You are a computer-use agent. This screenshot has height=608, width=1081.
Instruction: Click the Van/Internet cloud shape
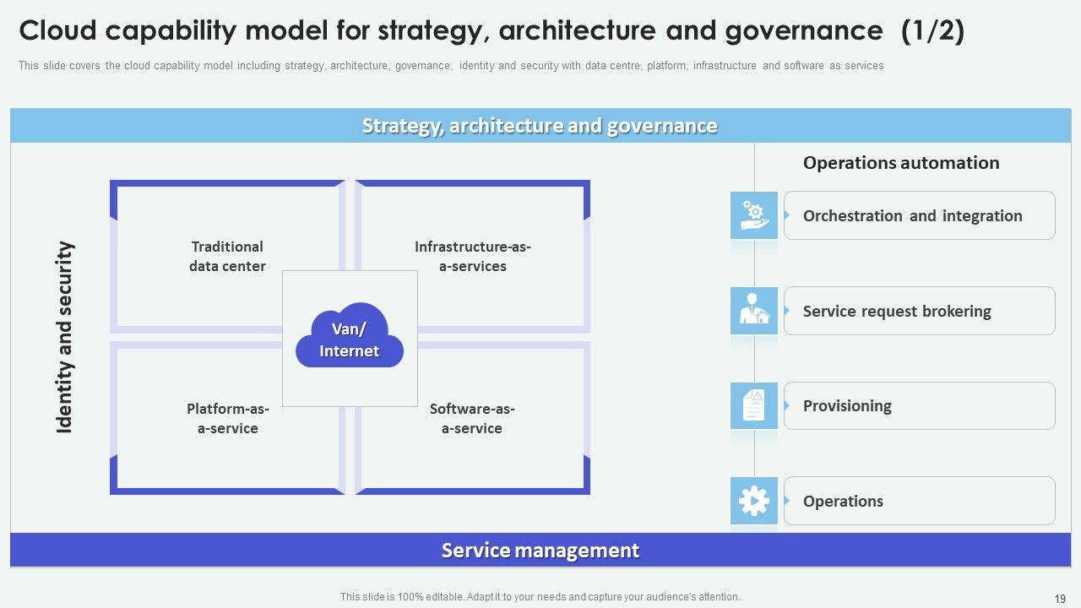pos(350,335)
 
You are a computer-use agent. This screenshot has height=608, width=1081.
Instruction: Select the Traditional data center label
pos(227,256)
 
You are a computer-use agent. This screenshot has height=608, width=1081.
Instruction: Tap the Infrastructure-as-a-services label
pos(472,256)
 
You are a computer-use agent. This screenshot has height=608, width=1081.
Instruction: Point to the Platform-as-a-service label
pos(228,418)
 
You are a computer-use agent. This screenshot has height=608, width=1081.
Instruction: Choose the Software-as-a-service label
pos(472,418)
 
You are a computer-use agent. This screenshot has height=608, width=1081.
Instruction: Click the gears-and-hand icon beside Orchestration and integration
pos(754,215)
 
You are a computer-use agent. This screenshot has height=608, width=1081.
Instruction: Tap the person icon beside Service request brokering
pos(754,311)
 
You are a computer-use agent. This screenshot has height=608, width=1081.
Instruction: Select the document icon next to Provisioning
pos(754,406)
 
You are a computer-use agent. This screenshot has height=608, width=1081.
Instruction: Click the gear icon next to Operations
pos(754,501)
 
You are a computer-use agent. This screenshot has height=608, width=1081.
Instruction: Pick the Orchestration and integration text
pos(913,215)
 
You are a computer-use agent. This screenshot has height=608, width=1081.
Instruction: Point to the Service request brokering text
pos(897,312)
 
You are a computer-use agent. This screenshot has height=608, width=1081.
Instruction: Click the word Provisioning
pos(847,406)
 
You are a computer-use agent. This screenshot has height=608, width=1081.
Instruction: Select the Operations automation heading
pos(901,163)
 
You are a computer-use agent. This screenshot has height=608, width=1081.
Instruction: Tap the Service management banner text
pos(540,550)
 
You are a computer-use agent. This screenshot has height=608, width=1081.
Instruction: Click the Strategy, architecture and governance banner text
pos(540,126)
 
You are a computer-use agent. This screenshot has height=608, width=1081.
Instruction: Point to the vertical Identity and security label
pos(63,337)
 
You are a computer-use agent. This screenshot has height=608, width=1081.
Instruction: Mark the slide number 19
pos(1060,599)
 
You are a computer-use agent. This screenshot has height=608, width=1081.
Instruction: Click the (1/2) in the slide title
pos(932,30)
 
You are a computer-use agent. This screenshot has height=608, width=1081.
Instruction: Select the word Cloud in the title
pos(58,30)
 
